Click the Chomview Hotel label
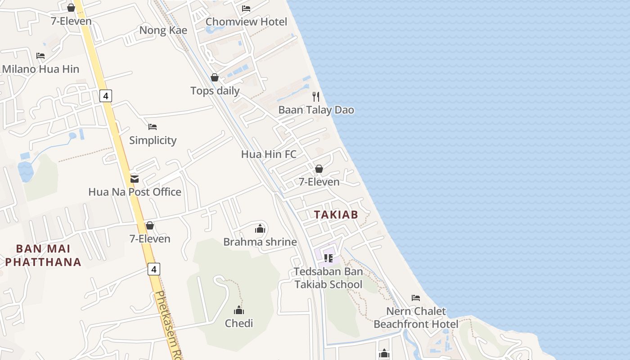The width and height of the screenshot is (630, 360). [246, 22]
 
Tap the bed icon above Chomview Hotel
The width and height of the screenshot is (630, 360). [246, 9]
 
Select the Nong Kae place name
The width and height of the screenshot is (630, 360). [163, 30]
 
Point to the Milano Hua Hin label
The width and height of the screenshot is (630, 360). [40, 69]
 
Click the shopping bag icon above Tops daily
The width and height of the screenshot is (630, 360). [215, 78]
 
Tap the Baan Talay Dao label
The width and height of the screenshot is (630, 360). [316, 110]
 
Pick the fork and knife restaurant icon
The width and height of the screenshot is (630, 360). [316, 96]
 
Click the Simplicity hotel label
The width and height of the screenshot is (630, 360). [153, 140]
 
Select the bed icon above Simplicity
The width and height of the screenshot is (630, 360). [153, 127]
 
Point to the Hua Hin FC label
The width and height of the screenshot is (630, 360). [269, 154]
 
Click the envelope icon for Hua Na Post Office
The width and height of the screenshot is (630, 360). [134, 179]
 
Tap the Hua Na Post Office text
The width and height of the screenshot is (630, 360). [135, 192]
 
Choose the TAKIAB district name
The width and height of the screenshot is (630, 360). [336, 215]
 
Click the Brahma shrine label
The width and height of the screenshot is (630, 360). [260, 242]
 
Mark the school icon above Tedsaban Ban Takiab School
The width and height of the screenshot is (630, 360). [328, 258]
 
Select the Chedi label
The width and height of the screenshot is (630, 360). [239, 323]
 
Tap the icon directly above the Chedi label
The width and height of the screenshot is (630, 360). [239, 310]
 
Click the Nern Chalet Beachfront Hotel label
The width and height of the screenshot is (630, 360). [416, 317]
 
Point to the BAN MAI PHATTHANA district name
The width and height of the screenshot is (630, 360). [43, 255]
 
